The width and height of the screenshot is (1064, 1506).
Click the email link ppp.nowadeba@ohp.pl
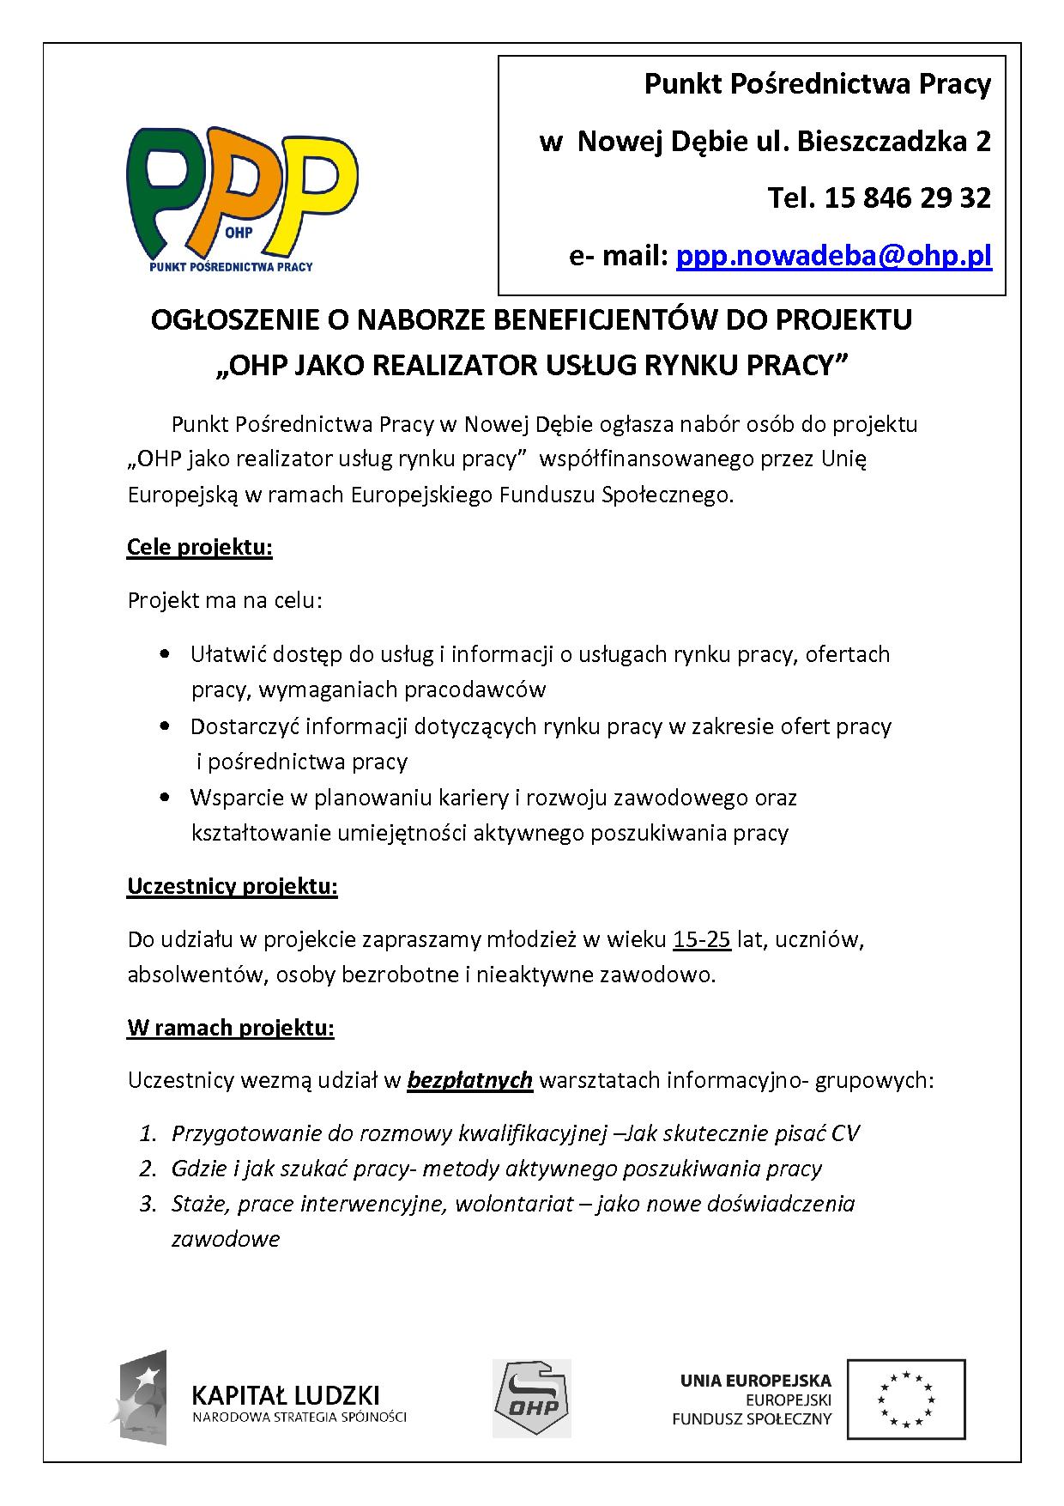[x=834, y=256]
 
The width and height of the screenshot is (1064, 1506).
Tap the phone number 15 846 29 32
[x=908, y=198]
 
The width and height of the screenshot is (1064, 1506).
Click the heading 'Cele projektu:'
[x=200, y=547]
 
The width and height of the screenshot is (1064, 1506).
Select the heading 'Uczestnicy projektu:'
[x=233, y=886]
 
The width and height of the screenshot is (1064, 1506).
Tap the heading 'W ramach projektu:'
[x=231, y=1027]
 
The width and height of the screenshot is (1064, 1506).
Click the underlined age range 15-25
[x=702, y=939]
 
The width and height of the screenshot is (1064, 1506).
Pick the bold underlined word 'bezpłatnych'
[x=470, y=1079]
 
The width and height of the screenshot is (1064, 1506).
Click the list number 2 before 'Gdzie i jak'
[x=148, y=1169]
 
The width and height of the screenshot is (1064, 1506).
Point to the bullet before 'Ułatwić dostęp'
[x=165, y=655]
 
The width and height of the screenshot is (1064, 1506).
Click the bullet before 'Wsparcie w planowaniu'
[x=165, y=799]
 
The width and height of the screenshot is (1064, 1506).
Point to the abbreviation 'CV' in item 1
[x=844, y=1133]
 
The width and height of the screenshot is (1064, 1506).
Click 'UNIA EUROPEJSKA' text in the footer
[x=756, y=1381]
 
